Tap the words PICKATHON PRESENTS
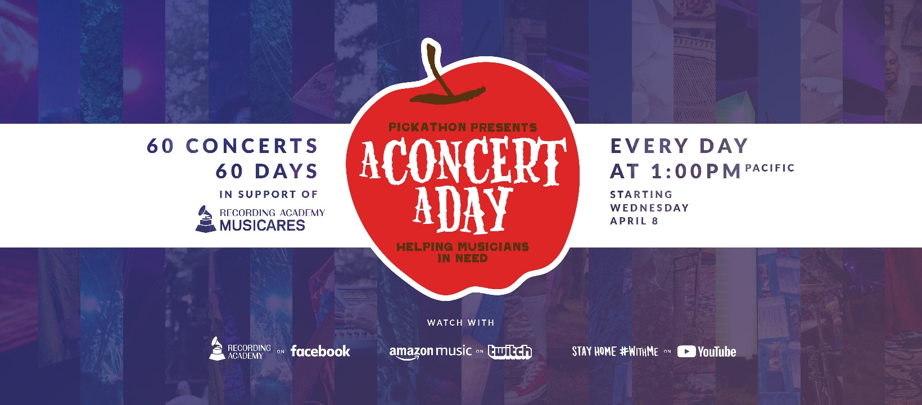[x=463, y=127]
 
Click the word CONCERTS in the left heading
[x=252, y=146]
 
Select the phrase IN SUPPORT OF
[x=269, y=194]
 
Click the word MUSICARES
[x=262, y=226]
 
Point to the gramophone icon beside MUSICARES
[x=205, y=219]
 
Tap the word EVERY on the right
[x=649, y=146]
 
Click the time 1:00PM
[x=696, y=171]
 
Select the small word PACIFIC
[x=770, y=168]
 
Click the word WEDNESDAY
[x=649, y=208]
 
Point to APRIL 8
[x=634, y=221]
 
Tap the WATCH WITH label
[x=460, y=323]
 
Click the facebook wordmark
[x=320, y=351]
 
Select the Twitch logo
[x=509, y=352]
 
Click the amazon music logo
[x=430, y=352]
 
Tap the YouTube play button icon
[x=686, y=352]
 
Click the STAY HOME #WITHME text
[x=615, y=352]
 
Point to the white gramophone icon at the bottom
[x=217, y=349]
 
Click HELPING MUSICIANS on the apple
[x=463, y=247]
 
